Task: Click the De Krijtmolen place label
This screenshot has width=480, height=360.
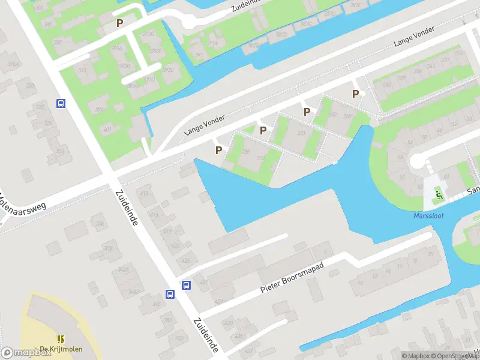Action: coord(61,349)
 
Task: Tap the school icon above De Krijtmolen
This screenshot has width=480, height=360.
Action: coord(61,340)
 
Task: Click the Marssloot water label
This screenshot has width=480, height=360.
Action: coord(429,216)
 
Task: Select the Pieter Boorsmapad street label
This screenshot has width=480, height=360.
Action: coord(292,280)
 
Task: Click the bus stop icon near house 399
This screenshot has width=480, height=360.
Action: coord(61,103)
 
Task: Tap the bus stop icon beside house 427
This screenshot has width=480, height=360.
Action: coord(187,286)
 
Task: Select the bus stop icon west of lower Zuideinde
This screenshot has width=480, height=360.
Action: coord(170,294)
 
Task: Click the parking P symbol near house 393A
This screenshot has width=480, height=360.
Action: coord(120,23)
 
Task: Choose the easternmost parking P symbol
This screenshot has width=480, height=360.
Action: coord(356,94)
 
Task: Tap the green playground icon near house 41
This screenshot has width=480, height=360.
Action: coord(439,194)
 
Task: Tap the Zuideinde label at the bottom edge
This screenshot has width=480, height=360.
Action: coord(206,335)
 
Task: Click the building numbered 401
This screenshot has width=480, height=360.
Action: coord(107,130)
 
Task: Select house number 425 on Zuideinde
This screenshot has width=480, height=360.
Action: coord(185,260)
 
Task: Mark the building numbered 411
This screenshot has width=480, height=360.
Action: coord(144,193)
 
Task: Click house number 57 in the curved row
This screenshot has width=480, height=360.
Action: coord(403,178)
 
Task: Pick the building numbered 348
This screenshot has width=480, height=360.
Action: coord(157,304)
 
